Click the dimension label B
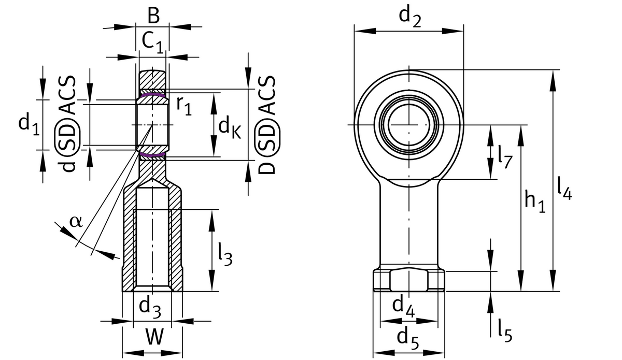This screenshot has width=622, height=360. point(153,16)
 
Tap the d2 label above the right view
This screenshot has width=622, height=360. point(409,18)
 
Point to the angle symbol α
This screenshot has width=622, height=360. point(76,221)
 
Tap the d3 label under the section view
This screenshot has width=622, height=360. point(150,307)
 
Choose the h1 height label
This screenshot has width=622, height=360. point(535,201)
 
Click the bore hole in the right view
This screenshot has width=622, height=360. point(409,125)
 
